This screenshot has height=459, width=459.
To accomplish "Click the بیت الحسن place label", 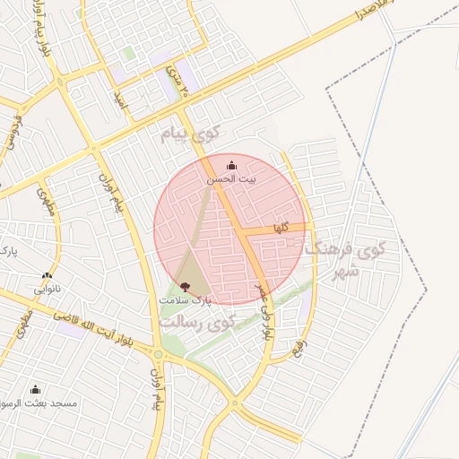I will (232, 179).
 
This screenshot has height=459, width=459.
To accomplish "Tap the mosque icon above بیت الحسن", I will (232, 165).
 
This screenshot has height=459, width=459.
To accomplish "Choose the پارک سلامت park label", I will (186, 301).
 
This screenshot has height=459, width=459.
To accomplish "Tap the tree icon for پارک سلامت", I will (185, 287).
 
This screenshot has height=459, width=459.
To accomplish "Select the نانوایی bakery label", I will (48, 290).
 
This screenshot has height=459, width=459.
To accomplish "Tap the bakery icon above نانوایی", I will (47, 276).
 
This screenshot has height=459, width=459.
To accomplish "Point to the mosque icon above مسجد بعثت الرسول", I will (36, 390).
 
